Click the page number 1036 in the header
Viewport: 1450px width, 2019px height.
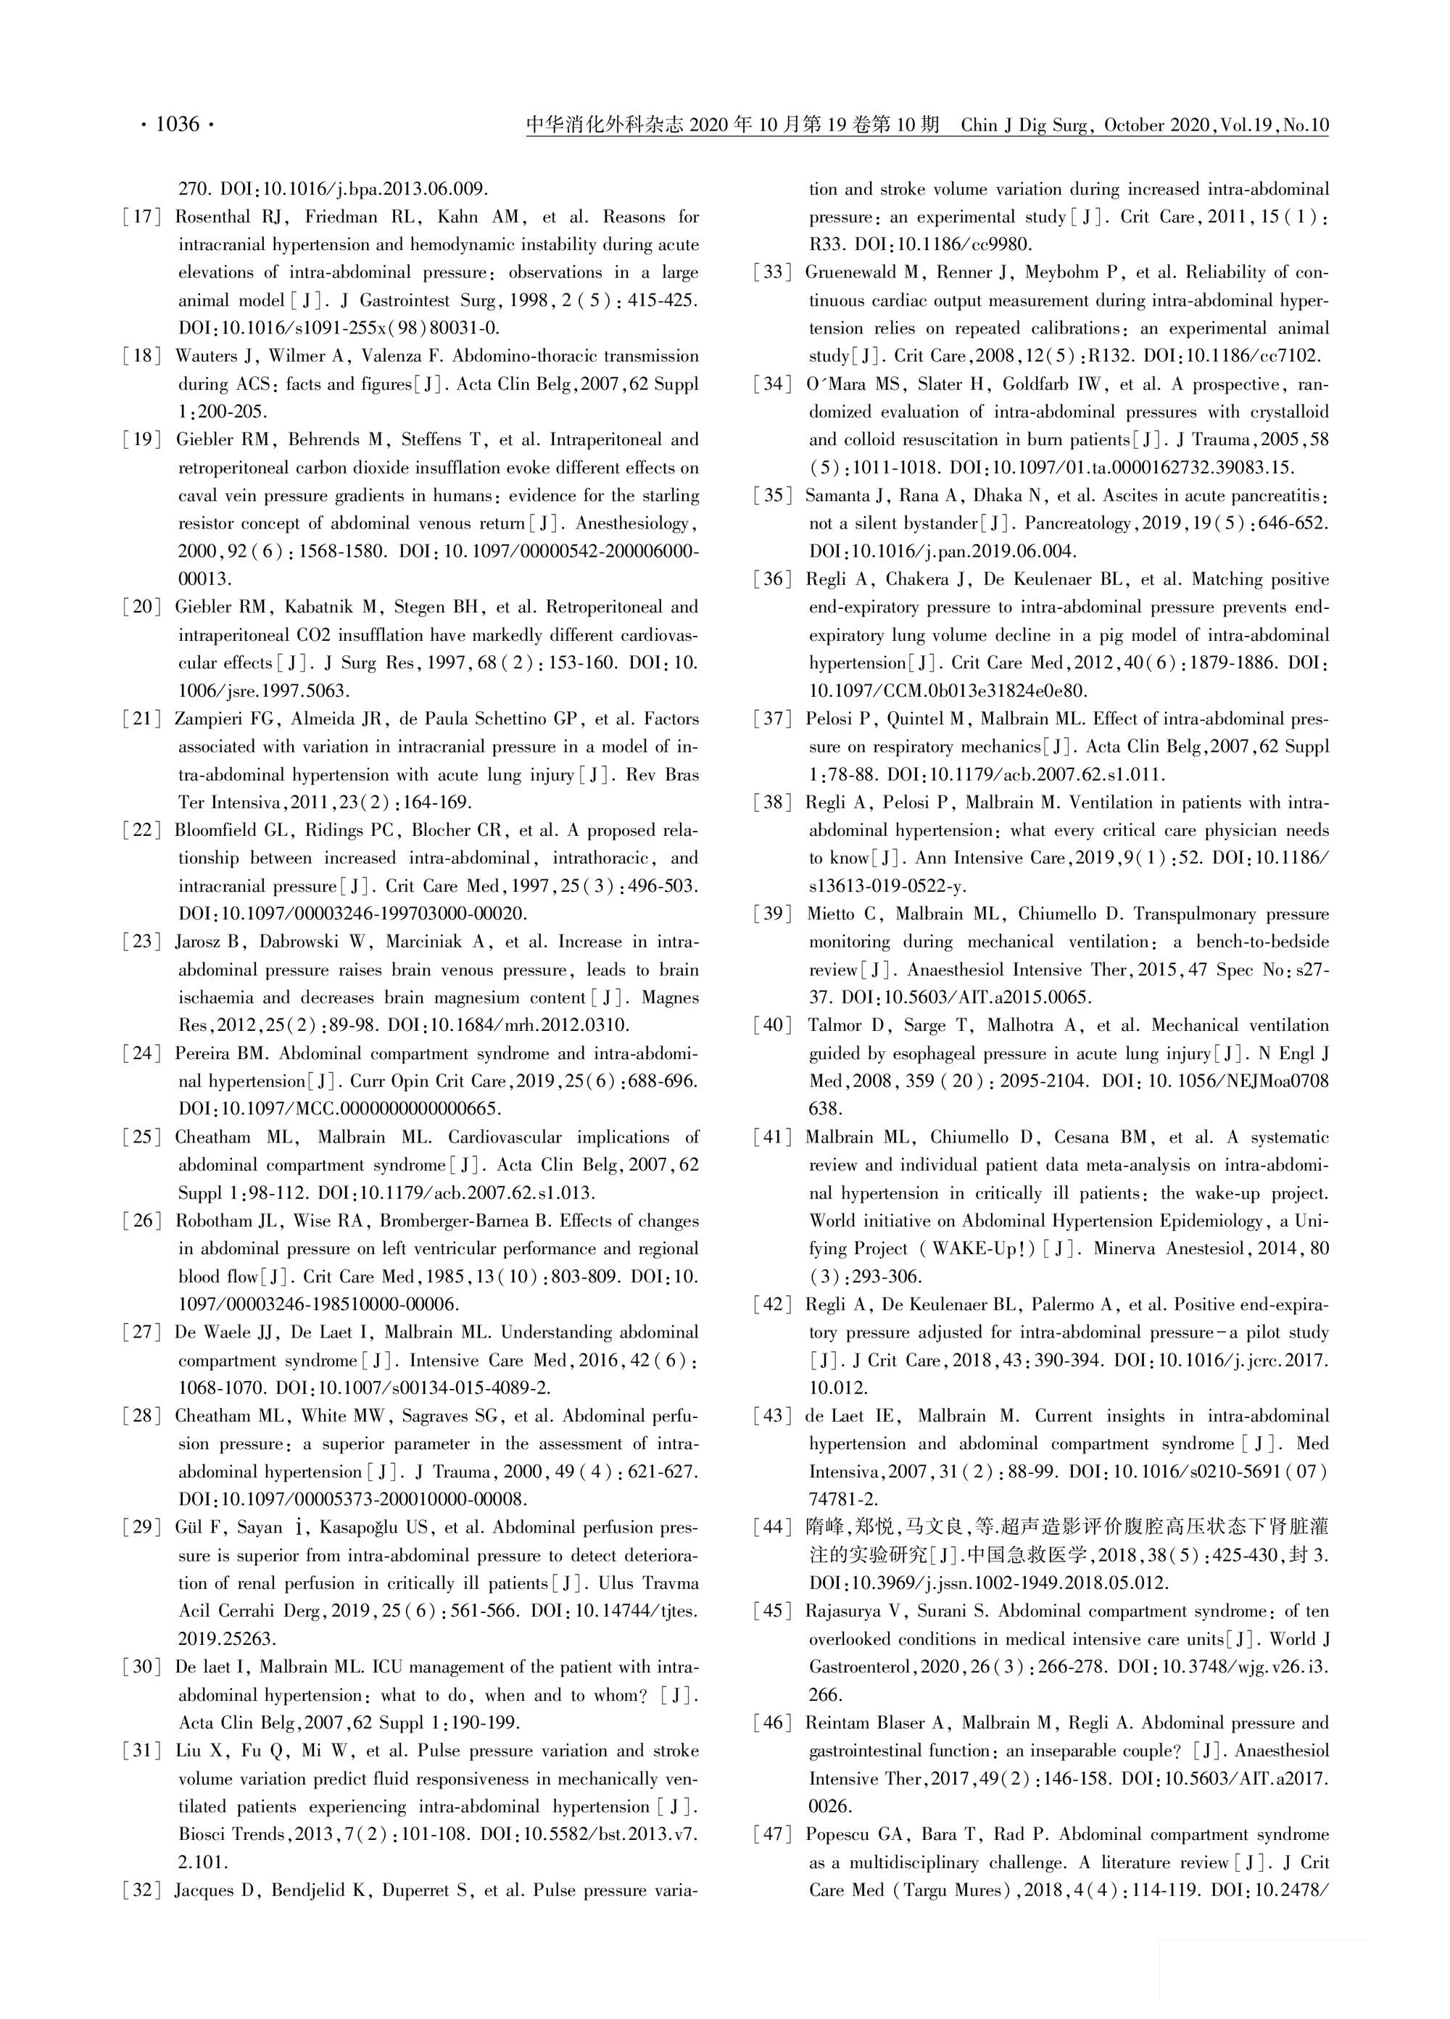point(177,125)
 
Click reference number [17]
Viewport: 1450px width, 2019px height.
point(142,217)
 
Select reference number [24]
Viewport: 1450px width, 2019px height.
point(142,1054)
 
